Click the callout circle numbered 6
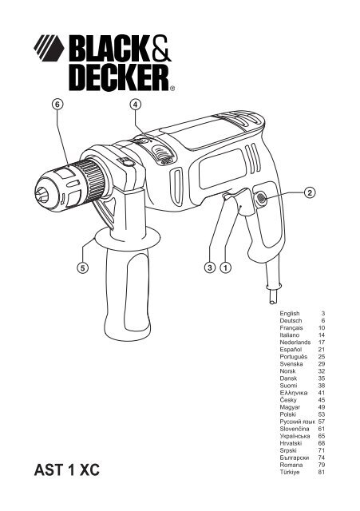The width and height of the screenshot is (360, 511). (57, 105)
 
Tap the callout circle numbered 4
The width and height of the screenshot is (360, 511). (135, 105)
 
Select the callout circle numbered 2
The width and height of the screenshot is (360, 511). (310, 192)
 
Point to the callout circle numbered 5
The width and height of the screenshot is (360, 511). (83, 268)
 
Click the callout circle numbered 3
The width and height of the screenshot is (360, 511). (210, 268)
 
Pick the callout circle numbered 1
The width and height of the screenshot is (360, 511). (225, 268)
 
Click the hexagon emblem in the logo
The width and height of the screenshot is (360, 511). (49, 48)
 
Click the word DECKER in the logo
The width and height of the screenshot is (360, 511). (119, 77)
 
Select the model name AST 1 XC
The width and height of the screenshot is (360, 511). (67, 470)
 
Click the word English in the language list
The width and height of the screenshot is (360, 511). (289, 314)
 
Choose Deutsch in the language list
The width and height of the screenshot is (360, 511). (291, 321)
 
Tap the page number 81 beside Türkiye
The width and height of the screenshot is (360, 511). (322, 472)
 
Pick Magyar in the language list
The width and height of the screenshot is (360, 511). (290, 407)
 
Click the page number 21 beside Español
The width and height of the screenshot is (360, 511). (322, 350)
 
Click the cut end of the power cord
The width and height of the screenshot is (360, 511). (273, 302)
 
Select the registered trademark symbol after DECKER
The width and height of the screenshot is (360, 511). (172, 88)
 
